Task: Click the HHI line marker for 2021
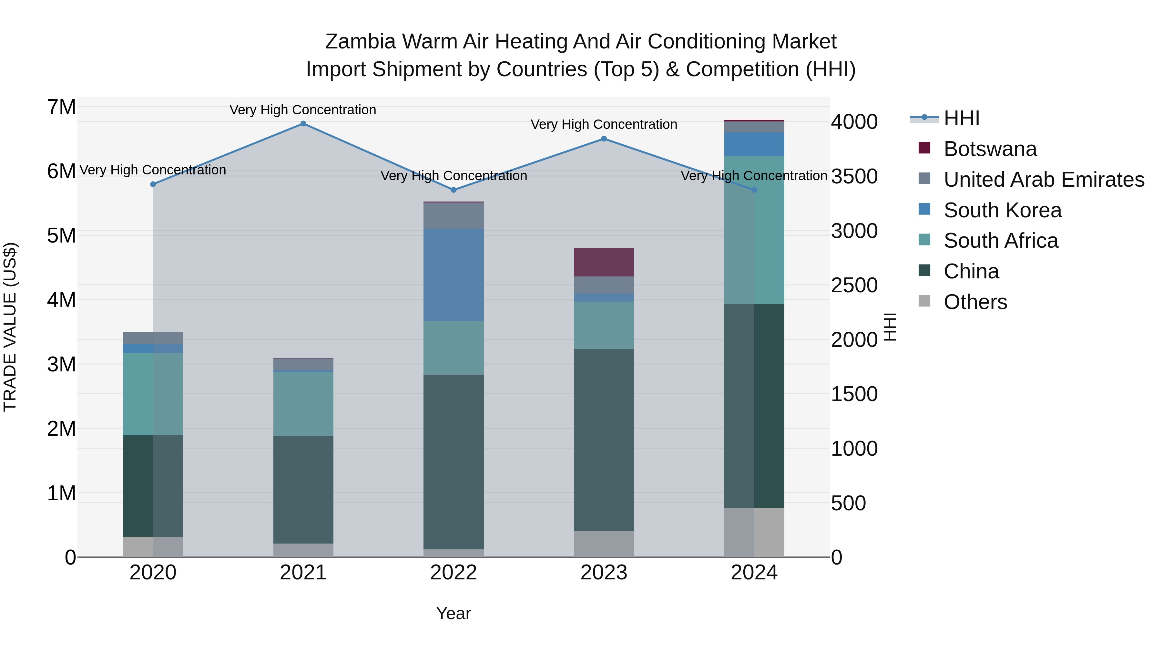(x=303, y=124)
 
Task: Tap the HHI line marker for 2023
(x=604, y=139)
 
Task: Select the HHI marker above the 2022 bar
(x=454, y=190)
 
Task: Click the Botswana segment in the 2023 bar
(x=604, y=262)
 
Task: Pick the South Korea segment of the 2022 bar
(x=454, y=275)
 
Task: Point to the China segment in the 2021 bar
(x=303, y=490)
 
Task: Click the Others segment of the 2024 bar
(x=754, y=532)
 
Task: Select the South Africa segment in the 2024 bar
(x=754, y=230)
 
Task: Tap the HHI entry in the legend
(x=961, y=118)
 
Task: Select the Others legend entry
(x=975, y=302)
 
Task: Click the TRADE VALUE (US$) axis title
(x=10, y=327)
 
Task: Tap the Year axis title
(x=454, y=613)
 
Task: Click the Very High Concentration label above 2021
(x=303, y=110)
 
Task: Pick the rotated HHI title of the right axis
(x=889, y=327)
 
